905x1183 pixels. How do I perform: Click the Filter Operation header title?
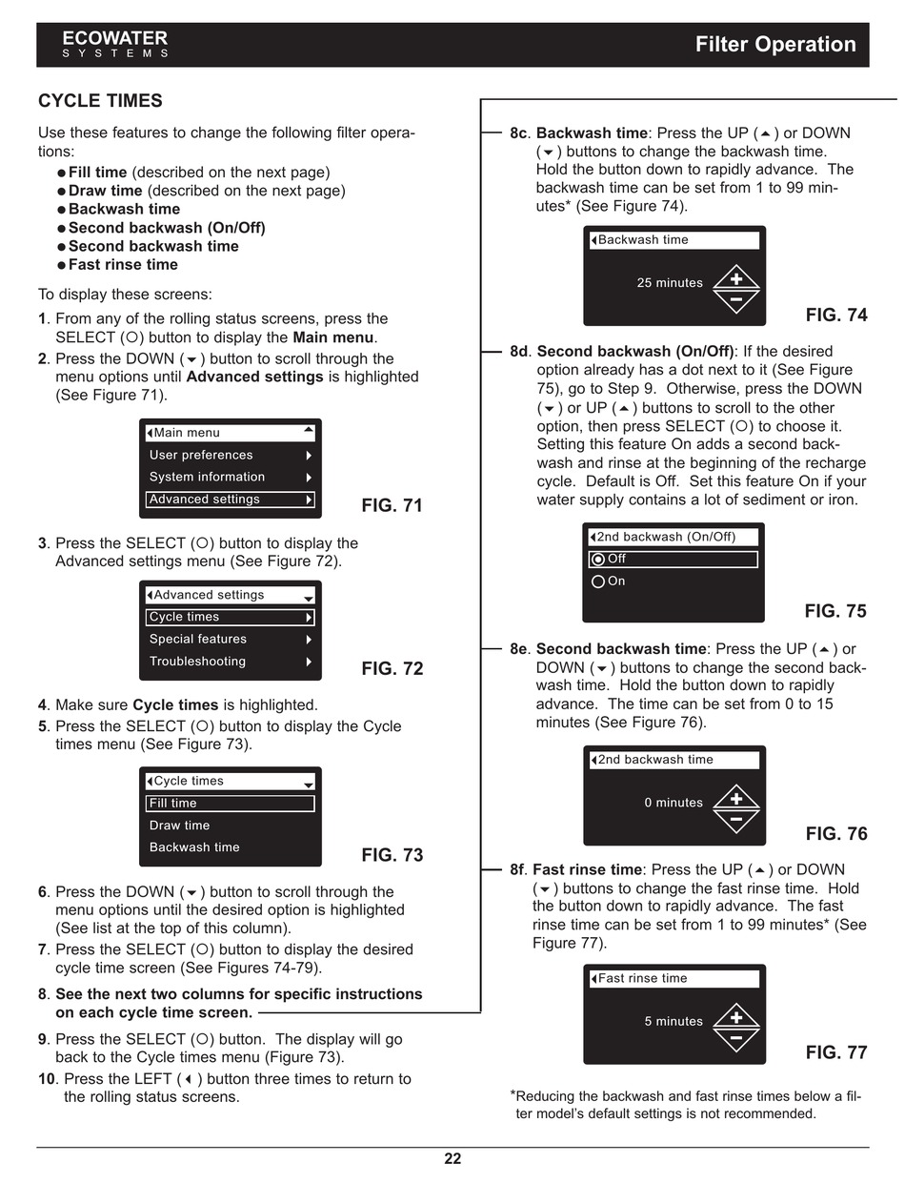coord(774,44)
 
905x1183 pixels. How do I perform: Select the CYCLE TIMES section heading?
coord(100,101)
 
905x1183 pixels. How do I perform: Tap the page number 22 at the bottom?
coord(452,1159)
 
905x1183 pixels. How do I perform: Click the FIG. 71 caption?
coord(392,506)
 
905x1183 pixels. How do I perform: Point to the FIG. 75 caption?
coord(835,611)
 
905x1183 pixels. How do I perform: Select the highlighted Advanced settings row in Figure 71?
coord(231,500)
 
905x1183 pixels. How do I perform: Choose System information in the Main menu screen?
coord(208,477)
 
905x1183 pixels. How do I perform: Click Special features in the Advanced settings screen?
coord(198,639)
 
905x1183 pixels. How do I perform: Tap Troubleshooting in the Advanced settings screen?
coord(197,661)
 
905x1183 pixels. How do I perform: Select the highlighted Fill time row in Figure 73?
coord(231,804)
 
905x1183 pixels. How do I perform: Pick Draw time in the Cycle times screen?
coord(179,826)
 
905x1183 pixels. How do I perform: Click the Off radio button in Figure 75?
coord(598,560)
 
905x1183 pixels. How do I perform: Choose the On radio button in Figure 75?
coord(598,581)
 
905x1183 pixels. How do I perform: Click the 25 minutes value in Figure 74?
coord(670,283)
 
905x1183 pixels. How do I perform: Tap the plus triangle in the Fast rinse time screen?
coord(736,1015)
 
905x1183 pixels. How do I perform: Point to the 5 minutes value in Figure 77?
coord(674,1022)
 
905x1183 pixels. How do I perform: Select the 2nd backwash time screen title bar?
coord(674,760)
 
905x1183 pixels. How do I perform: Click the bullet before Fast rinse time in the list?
coord(61,265)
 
